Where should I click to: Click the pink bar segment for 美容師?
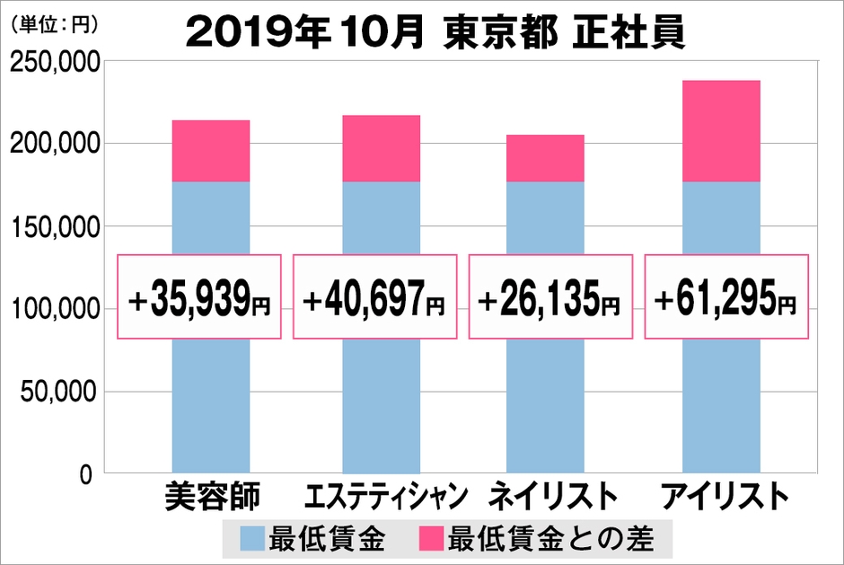click(210, 151)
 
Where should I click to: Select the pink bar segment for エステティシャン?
click(381, 148)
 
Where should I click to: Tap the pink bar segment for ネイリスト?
click(545, 158)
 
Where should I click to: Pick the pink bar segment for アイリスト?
click(720, 131)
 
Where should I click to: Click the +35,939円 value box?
click(200, 296)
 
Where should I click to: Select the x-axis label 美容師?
click(212, 497)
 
